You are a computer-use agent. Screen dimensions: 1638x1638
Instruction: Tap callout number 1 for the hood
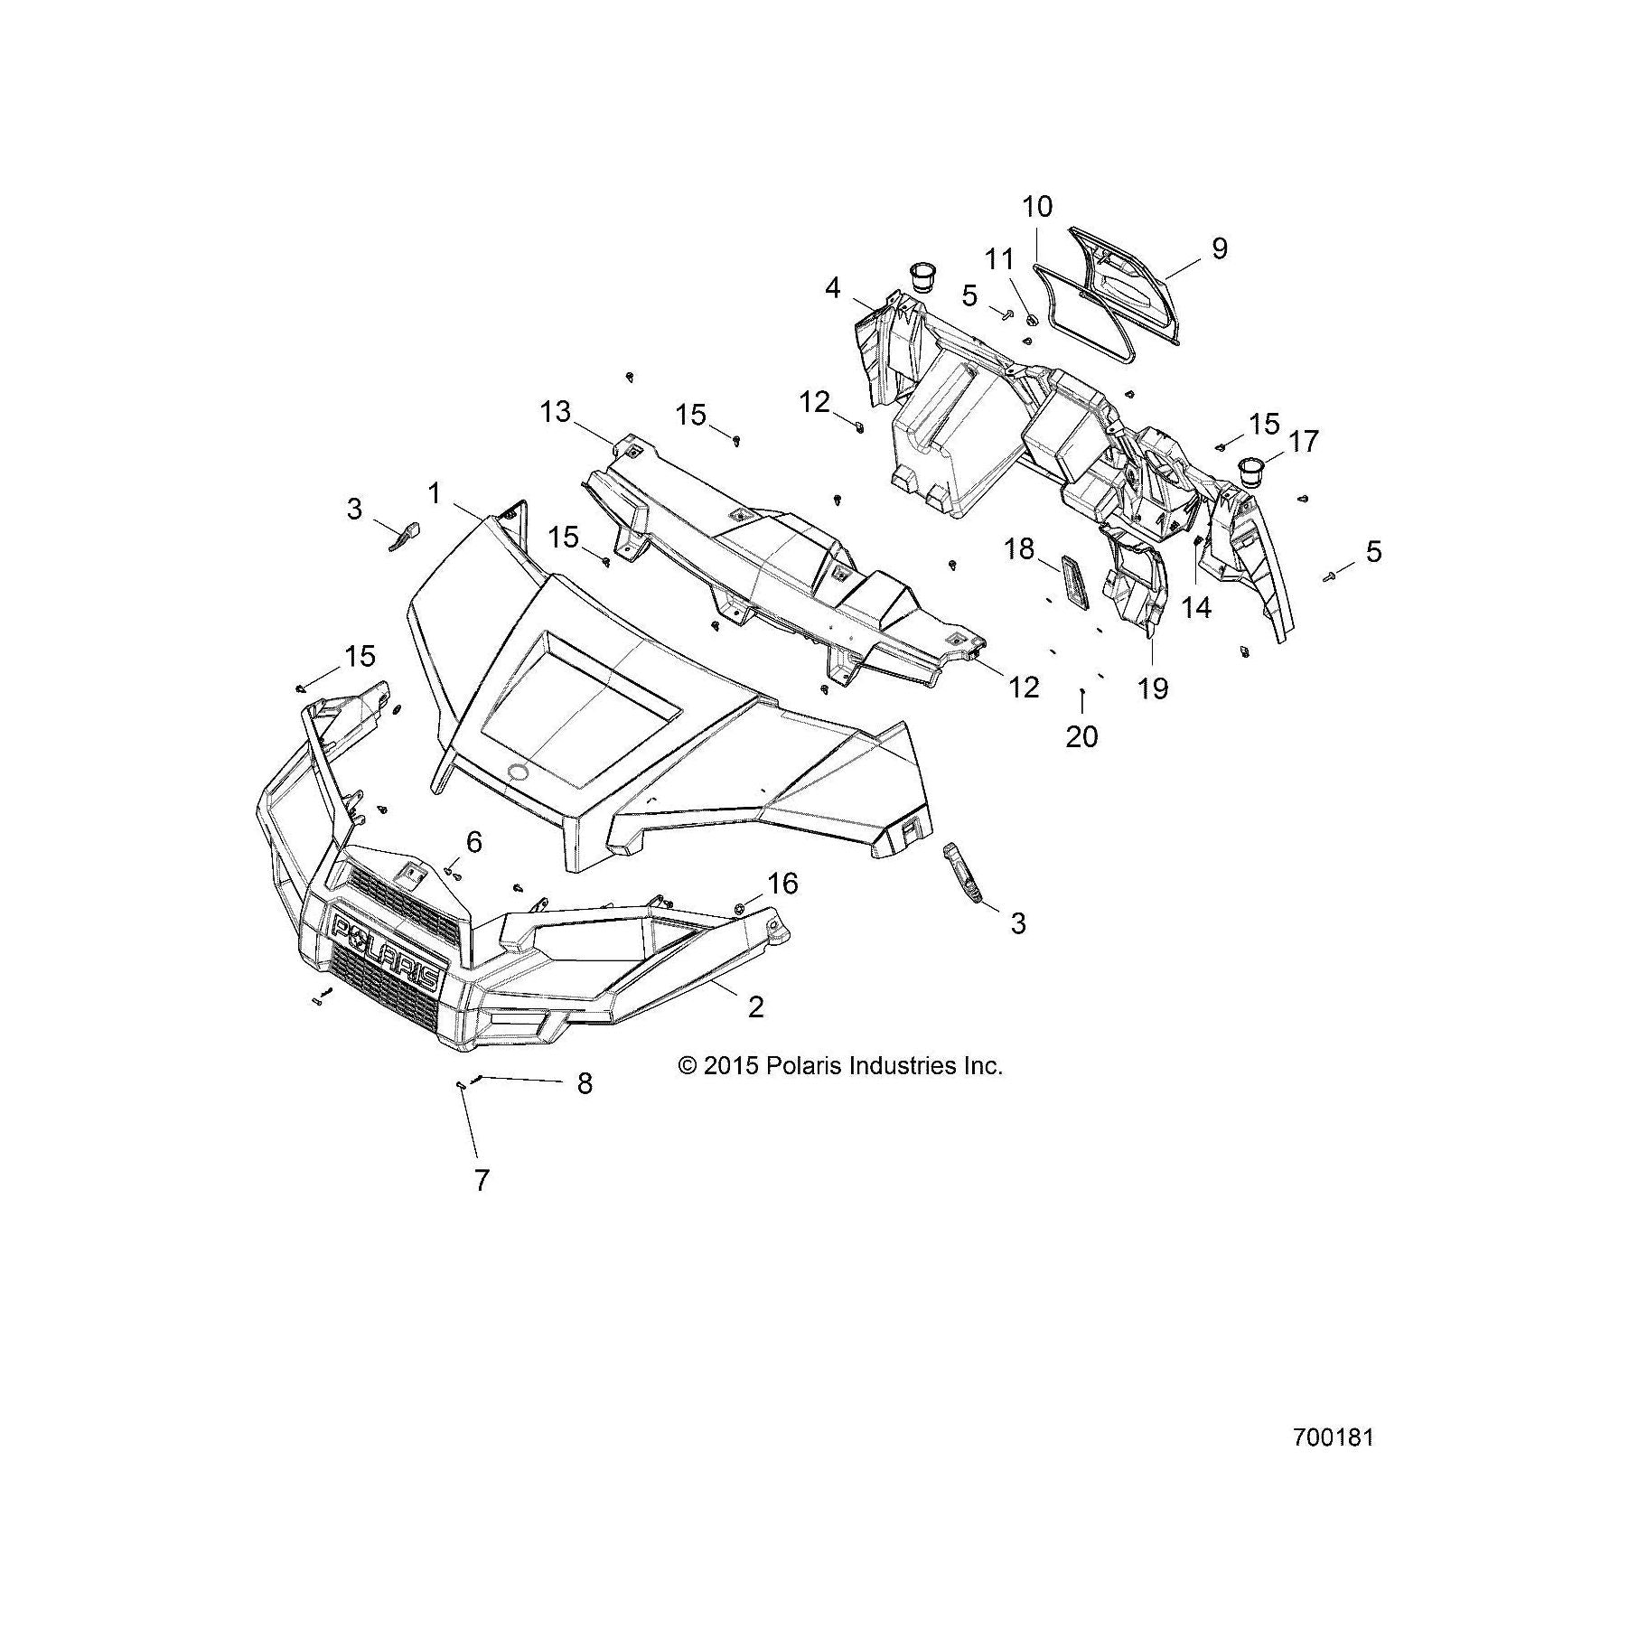pos(435,493)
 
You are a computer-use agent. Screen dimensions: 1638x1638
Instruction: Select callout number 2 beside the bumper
pos(756,1006)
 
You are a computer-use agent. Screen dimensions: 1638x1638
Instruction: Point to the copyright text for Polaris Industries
pos(840,1066)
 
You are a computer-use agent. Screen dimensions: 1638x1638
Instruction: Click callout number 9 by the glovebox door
pos(1219,248)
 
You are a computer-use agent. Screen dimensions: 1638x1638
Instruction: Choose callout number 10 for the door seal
pos(1037,207)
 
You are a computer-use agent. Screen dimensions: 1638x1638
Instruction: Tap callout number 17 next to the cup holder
pos(1304,442)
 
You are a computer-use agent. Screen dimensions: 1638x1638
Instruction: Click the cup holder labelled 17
pos(1250,472)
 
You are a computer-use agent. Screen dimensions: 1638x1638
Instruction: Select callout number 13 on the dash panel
pos(556,412)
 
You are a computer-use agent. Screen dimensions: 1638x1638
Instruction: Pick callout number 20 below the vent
pos(1081,736)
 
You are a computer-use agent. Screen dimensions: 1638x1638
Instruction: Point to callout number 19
pos(1153,688)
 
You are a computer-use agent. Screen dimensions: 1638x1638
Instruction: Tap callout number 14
pos(1196,607)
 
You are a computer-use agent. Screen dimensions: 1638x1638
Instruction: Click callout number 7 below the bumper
pos(482,1179)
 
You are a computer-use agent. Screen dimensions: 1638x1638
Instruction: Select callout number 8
pos(585,1083)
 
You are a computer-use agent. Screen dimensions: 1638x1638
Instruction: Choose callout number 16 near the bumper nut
pos(782,883)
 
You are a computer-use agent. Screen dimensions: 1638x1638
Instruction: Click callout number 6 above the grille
pos(473,842)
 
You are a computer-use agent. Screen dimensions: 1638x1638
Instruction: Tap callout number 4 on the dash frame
pos(832,288)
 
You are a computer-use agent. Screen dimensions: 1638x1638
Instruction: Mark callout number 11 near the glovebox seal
pos(999,259)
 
